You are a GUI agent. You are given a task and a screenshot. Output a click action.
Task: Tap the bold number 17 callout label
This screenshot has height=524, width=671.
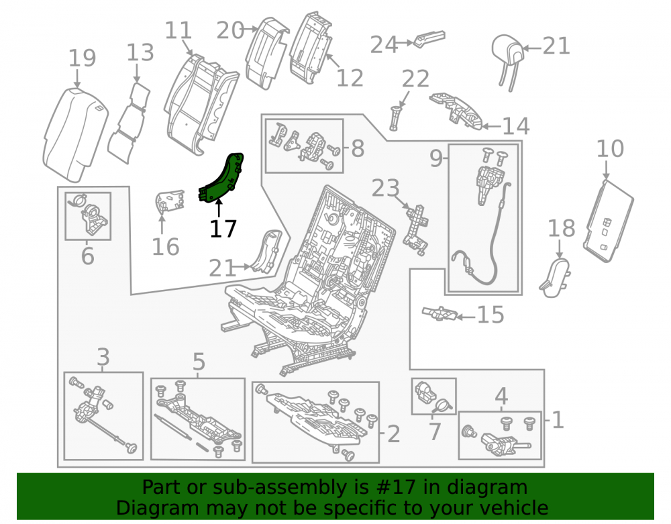coord(223,229)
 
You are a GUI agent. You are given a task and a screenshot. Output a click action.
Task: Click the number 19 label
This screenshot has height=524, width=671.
coord(82,58)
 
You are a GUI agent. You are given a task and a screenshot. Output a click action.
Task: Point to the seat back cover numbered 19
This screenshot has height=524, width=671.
coord(75,134)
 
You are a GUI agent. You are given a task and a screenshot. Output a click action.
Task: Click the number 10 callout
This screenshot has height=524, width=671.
coord(610,148)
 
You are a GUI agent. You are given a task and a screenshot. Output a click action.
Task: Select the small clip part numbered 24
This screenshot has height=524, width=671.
coord(429,39)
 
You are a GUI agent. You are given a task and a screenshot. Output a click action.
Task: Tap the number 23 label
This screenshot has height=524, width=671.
coord(386,189)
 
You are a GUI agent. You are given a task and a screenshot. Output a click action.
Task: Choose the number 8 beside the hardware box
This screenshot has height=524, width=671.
coord(358,148)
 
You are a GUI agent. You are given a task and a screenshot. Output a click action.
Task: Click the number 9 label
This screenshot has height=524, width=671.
coord(436,158)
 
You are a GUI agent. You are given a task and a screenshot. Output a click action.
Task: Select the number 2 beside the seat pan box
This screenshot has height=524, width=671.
coord(393,434)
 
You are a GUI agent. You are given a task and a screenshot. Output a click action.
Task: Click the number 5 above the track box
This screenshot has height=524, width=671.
coord(199,362)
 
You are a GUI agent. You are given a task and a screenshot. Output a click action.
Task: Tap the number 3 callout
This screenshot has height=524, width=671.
coord(103,357)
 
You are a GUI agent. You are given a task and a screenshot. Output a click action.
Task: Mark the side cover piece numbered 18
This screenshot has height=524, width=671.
coord(556,277)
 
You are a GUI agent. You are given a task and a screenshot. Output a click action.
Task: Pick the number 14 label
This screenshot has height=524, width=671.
coord(515,126)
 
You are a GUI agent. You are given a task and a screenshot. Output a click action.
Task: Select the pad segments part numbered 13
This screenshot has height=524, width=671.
coord(129,123)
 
